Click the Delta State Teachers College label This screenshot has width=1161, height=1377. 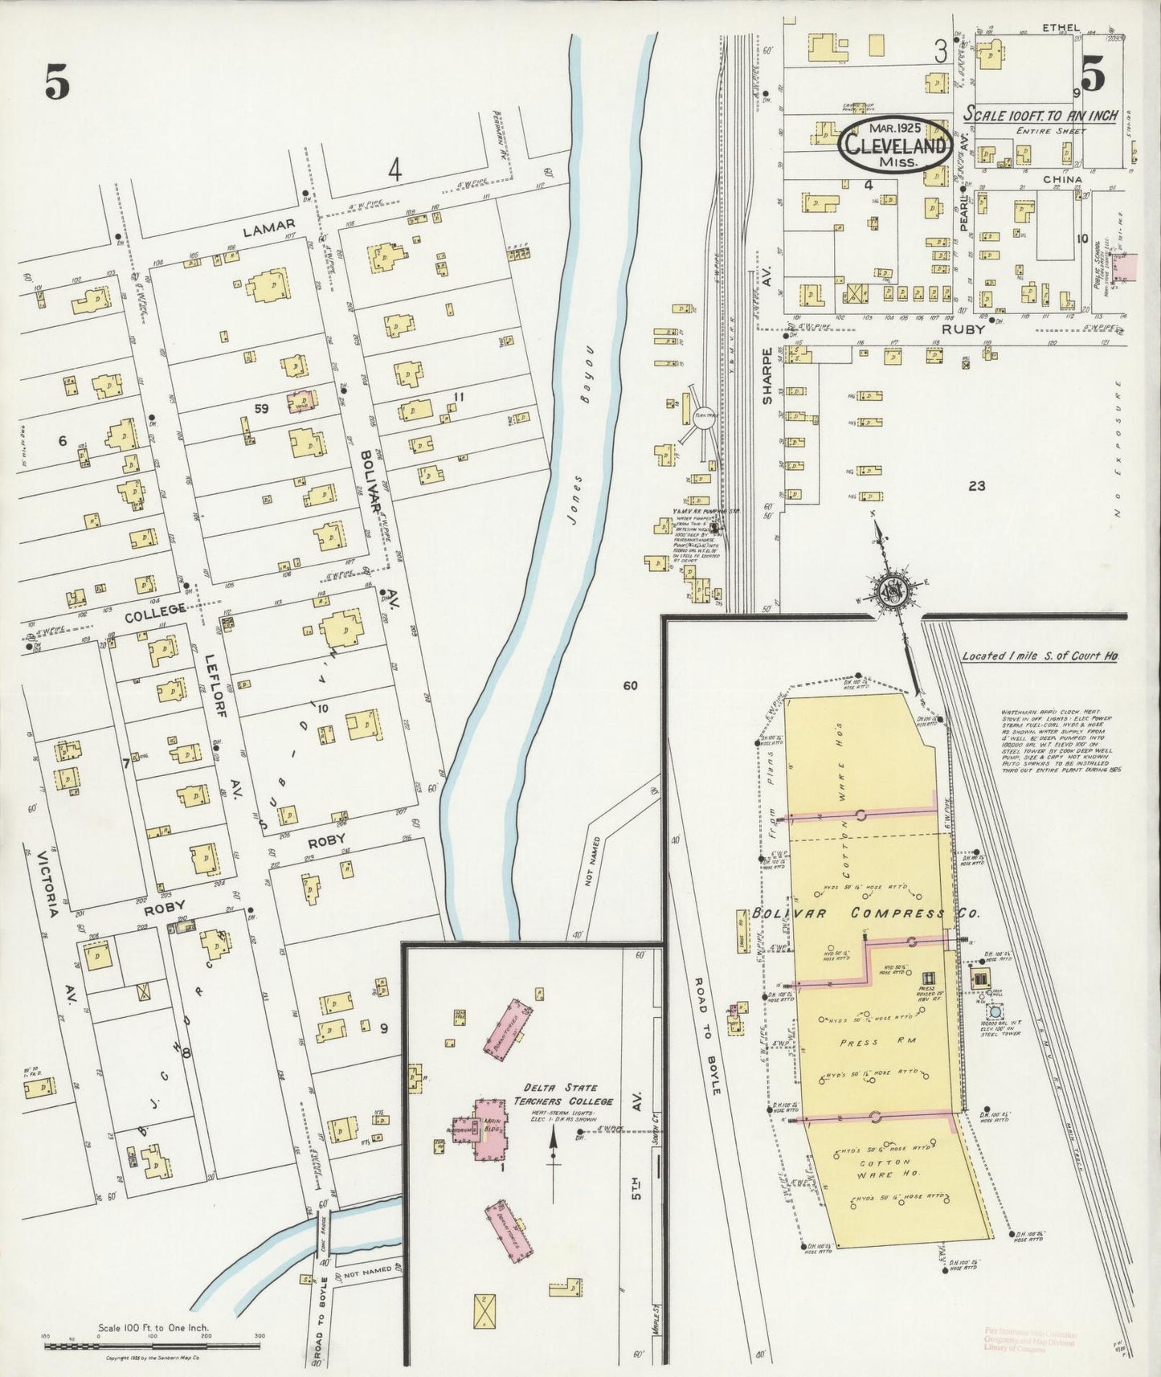[x=563, y=1095]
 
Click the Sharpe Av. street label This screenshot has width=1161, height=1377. [x=767, y=376]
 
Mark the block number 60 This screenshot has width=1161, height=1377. [x=629, y=685]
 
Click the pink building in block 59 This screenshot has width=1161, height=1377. [x=301, y=402]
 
